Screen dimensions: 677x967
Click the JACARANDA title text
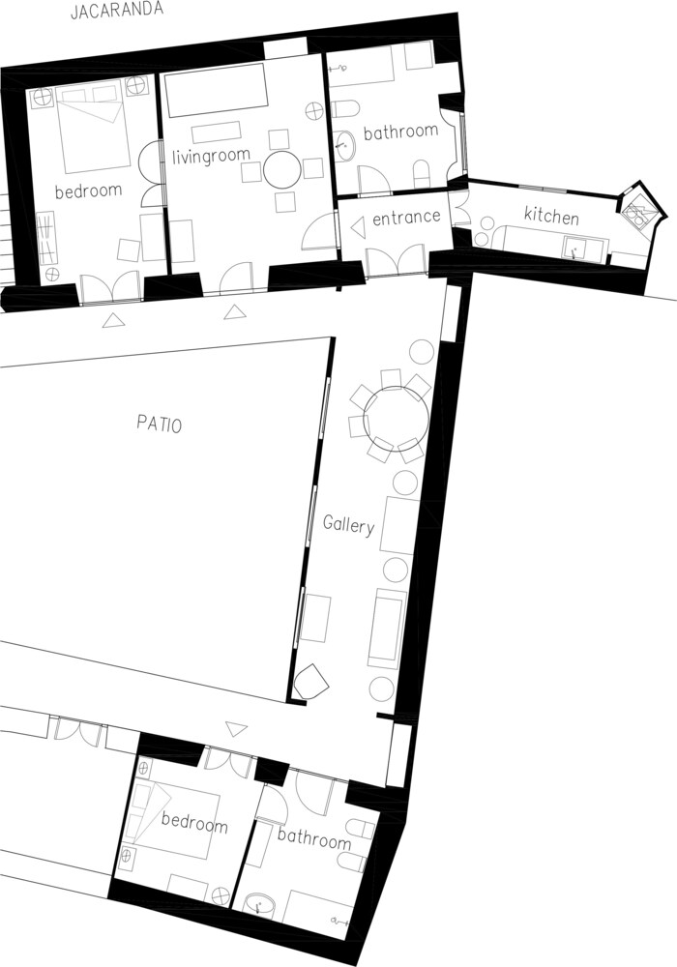(x=117, y=11)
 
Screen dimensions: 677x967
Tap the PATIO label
(x=159, y=425)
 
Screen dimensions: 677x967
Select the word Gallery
(x=348, y=525)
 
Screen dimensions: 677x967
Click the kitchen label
(x=551, y=216)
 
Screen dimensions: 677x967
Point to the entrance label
(x=406, y=217)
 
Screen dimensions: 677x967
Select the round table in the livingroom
(x=283, y=168)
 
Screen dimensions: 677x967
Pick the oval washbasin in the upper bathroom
(x=344, y=145)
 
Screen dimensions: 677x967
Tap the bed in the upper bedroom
(x=93, y=129)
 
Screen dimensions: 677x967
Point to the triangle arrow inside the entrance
(x=357, y=229)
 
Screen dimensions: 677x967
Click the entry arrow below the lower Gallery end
(x=236, y=729)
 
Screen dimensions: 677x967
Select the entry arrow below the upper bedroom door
(x=111, y=320)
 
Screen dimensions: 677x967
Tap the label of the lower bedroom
(x=194, y=822)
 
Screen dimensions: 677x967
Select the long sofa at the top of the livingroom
(x=214, y=90)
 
